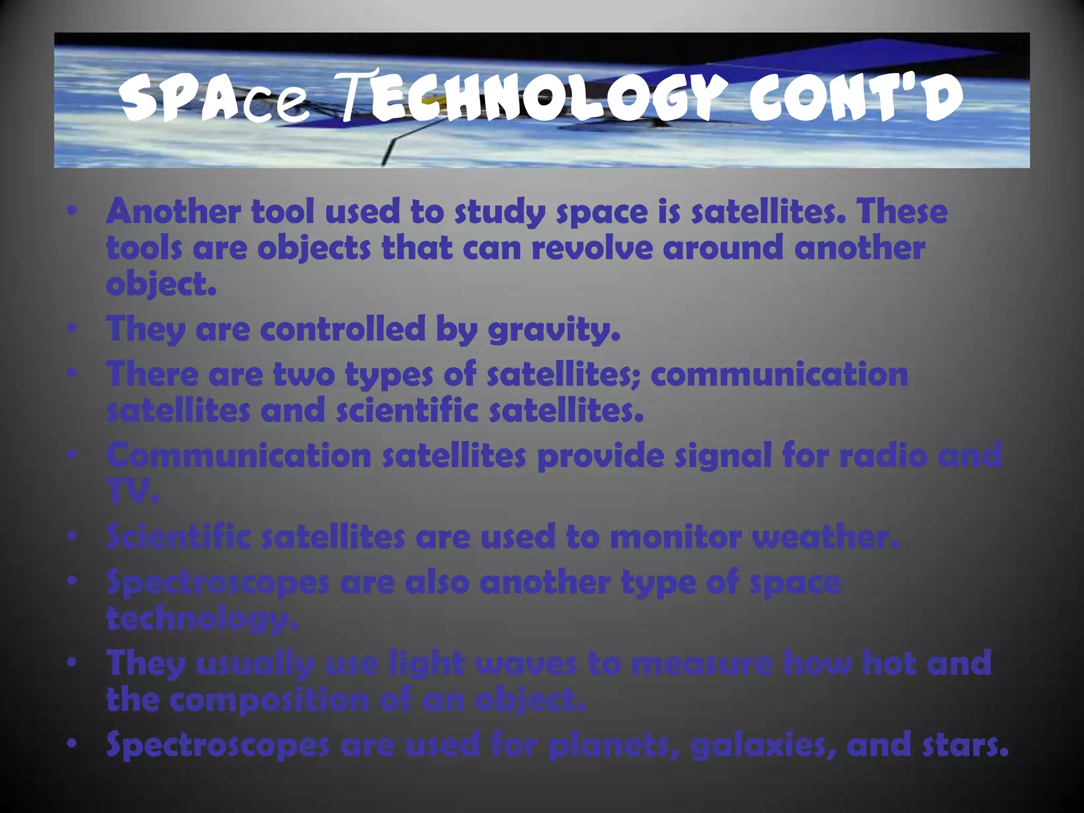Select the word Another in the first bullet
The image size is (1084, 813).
pyautogui.click(x=173, y=211)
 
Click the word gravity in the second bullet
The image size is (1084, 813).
pyautogui.click(x=553, y=329)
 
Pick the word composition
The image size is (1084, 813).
pyautogui.click(x=269, y=700)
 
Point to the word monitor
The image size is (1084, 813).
pyautogui.click(x=675, y=537)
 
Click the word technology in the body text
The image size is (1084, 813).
pyautogui.click(x=202, y=619)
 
